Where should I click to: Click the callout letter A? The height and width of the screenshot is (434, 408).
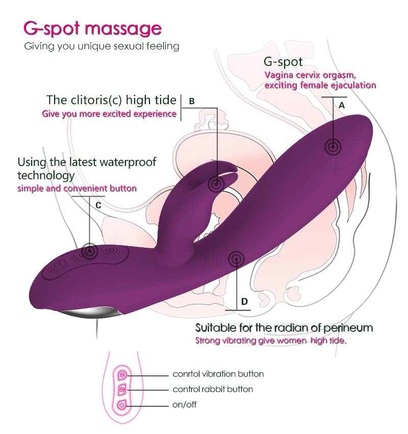[342, 105]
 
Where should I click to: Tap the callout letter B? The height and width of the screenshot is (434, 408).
[192, 101]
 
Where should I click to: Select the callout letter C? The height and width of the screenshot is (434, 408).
[98, 205]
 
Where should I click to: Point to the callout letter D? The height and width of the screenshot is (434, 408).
[244, 301]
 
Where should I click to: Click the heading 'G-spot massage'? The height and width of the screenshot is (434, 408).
[93, 29]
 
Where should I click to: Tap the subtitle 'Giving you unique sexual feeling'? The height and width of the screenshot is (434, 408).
[101, 46]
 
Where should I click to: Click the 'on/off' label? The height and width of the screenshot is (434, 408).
[185, 405]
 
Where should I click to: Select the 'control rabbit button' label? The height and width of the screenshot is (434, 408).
[213, 389]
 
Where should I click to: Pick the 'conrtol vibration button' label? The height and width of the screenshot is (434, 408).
[218, 374]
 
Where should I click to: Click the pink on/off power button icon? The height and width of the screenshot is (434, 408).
[121, 405]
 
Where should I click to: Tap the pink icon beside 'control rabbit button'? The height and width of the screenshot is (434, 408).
[122, 390]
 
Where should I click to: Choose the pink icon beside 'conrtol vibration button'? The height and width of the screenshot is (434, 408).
[122, 375]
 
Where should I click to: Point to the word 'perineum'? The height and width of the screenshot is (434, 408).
[348, 328]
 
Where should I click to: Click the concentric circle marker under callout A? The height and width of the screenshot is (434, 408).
[333, 147]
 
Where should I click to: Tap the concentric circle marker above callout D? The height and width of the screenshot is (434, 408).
[237, 259]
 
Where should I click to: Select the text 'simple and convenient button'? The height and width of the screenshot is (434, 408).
[77, 188]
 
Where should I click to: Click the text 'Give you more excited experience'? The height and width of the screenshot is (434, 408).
[109, 114]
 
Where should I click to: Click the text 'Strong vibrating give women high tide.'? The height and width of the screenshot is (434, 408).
[271, 341]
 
